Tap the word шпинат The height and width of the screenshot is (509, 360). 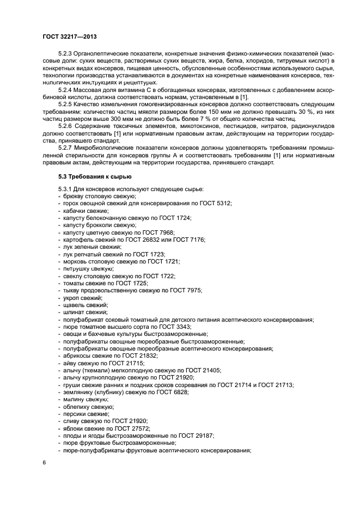[x=74, y=312]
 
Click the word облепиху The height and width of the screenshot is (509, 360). [x=77, y=407]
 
